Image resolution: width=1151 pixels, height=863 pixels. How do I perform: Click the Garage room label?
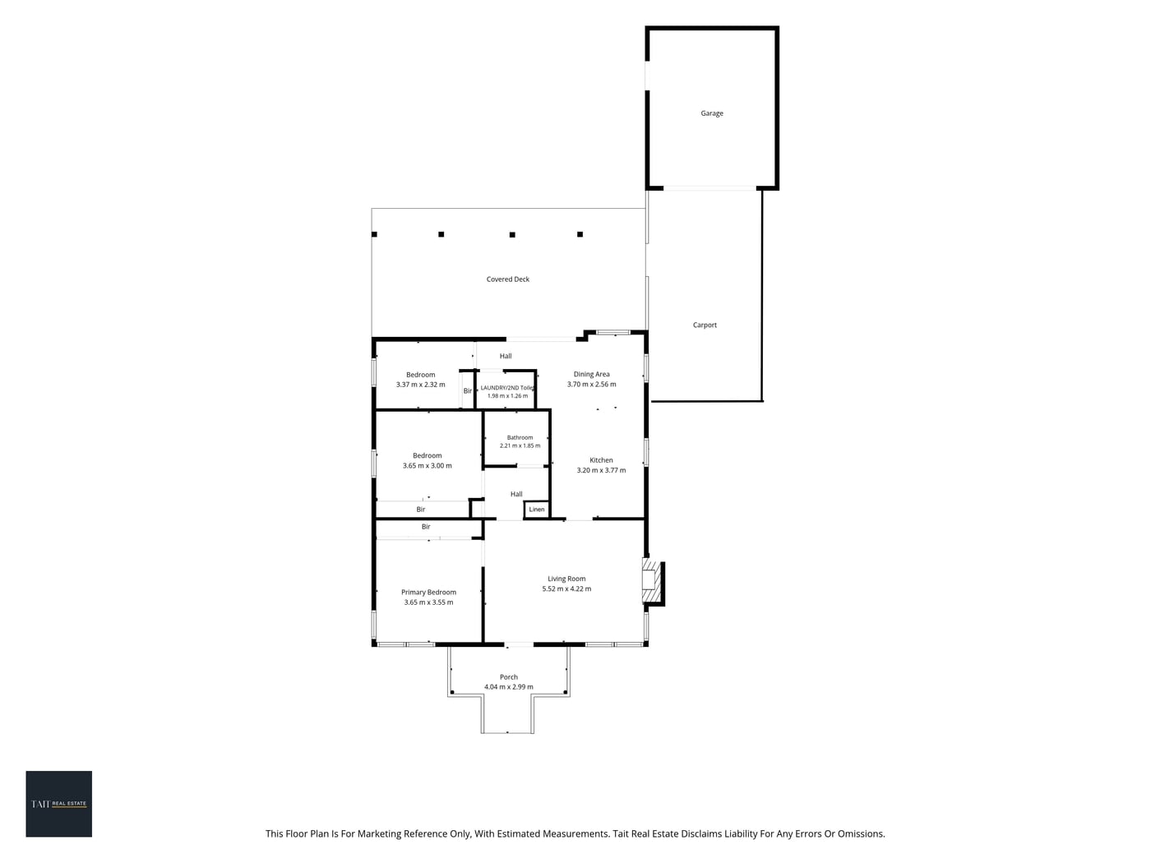coord(712,113)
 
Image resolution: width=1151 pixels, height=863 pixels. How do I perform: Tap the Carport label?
coord(705,325)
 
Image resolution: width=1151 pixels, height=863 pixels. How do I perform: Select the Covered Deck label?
coord(507,279)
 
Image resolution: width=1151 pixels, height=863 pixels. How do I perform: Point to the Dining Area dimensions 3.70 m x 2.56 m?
coord(591,384)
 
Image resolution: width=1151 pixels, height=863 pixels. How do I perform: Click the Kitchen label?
coord(601,460)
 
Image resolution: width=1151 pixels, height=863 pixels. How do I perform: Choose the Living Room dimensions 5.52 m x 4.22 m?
coord(566,588)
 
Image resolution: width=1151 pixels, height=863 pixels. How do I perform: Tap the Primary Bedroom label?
coord(428,592)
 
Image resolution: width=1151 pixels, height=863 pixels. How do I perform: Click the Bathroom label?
coord(520,437)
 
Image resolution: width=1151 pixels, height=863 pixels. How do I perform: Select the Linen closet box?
coord(536,510)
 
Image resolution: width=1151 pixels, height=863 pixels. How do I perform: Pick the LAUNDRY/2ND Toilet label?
coord(507,388)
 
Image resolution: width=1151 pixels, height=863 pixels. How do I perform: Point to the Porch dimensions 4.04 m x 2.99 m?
coord(509,686)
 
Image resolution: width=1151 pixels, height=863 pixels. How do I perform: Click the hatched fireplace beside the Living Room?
coord(649,581)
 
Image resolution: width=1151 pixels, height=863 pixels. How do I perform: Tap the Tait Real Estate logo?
coord(58,803)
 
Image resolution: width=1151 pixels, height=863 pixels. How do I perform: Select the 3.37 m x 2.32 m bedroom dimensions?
coord(421,385)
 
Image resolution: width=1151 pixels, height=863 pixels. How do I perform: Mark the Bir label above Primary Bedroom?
coord(426,527)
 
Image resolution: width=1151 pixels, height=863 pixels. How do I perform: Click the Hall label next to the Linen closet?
coord(516,494)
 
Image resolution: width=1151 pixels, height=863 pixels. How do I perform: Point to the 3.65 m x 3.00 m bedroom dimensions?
coord(427,465)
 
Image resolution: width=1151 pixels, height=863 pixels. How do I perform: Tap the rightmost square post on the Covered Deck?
coord(580,234)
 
